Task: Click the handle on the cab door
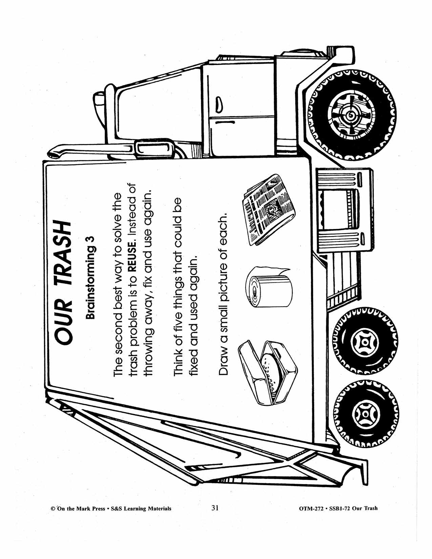pos(219,105)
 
